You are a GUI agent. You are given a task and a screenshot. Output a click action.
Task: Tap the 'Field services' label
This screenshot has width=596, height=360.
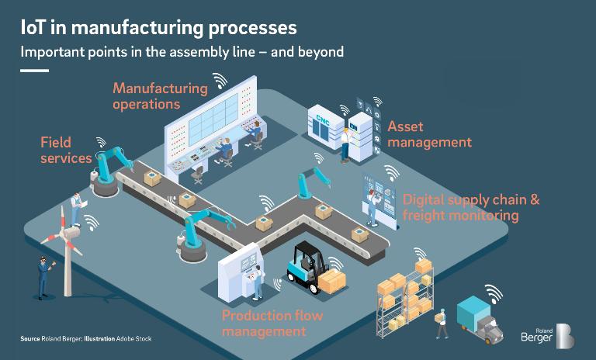click(x=67, y=149)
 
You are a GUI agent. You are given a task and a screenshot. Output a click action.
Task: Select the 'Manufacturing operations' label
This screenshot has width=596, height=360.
click(x=160, y=95)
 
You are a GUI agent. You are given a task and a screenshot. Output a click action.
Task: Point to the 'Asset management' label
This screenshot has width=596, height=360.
click(x=429, y=133)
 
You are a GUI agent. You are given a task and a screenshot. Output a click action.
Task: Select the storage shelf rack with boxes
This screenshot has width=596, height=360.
click(x=403, y=299)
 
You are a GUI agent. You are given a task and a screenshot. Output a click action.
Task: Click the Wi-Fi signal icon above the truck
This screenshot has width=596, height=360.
click(x=493, y=293)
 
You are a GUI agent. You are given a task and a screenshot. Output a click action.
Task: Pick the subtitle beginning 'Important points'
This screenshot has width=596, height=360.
click(x=182, y=52)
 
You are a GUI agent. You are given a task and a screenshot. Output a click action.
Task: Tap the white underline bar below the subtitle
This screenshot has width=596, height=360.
click(x=34, y=70)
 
